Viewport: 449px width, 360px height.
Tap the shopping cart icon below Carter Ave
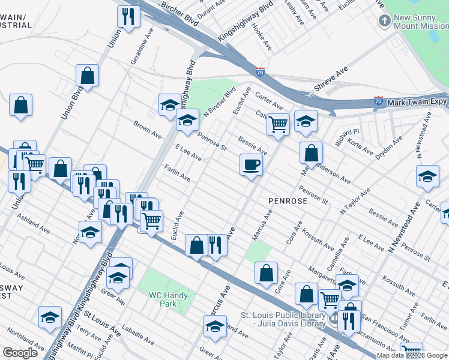pos(277,125)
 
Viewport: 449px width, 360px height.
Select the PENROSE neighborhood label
pos(284,201)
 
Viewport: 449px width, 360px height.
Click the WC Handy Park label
pos(169,299)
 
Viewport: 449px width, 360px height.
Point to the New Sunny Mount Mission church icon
pos(385,21)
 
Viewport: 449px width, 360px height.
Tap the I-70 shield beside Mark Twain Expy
pos(378,101)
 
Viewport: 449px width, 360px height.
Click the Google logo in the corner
pos(20,353)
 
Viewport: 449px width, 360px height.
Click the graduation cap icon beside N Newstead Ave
pos(427,177)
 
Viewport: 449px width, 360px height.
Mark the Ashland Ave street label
pos(34,222)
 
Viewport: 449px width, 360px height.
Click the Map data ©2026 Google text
pos(411,355)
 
